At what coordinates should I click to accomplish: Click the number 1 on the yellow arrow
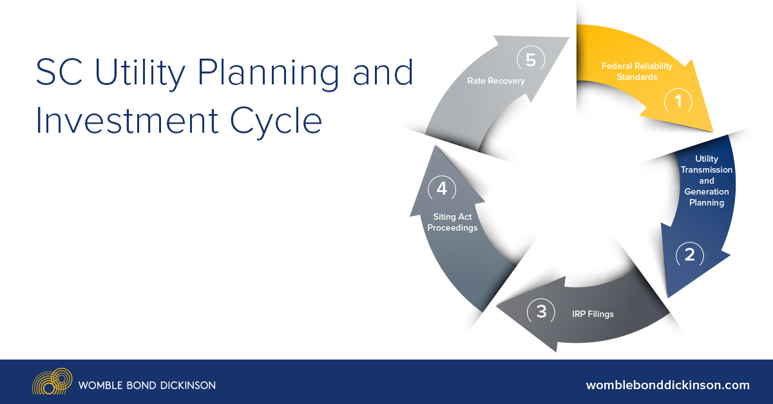(x=678, y=101)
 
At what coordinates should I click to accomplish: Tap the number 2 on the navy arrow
(x=689, y=255)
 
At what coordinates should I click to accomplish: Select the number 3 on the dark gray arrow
(x=541, y=312)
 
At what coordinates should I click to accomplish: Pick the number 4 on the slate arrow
(x=441, y=189)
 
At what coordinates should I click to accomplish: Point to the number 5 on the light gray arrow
(x=531, y=60)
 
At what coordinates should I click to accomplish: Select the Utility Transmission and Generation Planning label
(x=707, y=180)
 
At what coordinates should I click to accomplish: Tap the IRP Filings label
(x=593, y=314)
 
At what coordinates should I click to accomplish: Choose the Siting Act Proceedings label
(x=452, y=222)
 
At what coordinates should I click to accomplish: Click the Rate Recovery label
(x=496, y=81)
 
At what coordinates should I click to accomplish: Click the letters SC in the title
(x=57, y=73)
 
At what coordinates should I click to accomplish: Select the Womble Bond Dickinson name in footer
(x=147, y=385)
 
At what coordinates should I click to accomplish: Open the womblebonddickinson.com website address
(x=667, y=385)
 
